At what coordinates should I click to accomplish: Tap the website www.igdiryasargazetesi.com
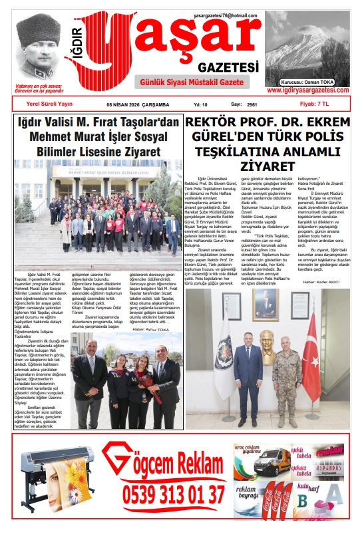(x=307, y=90)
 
